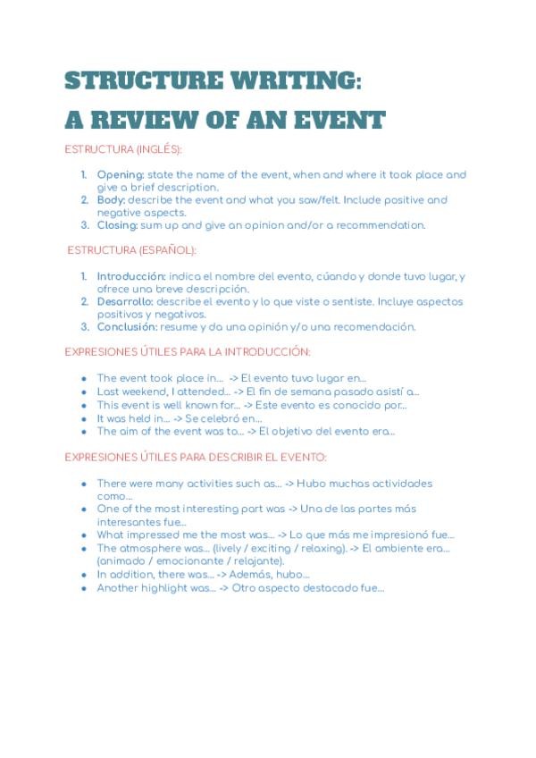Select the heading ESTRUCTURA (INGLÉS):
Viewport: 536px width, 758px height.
click(x=122, y=149)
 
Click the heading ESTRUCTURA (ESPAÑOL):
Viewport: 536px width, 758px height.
click(x=131, y=250)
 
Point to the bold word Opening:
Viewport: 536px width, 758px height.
click(x=120, y=175)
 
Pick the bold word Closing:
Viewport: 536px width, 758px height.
click(x=117, y=225)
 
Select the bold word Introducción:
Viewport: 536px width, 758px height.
click(x=131, y=276)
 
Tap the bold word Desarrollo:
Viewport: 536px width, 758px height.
click(x=125, y=301)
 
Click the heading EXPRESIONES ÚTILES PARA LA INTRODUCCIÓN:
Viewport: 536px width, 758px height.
click(x=188, y=352)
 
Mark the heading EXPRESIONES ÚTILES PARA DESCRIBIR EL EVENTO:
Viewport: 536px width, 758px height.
click(x=196, y=457)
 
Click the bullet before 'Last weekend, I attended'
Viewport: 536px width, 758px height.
click(x=84, y=392)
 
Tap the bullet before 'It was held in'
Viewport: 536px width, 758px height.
click(x=84, y=417)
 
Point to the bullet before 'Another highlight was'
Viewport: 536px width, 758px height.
click(x=84, y=588)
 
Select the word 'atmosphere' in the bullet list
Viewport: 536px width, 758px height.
click(x=147, y=548)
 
